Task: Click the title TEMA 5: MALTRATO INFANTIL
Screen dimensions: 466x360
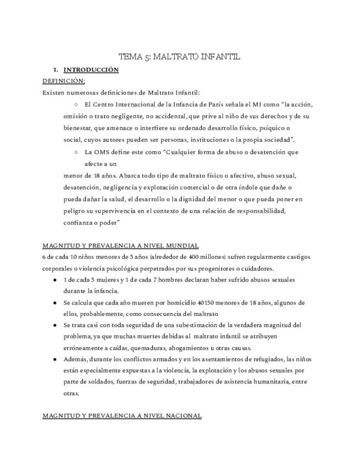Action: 179,57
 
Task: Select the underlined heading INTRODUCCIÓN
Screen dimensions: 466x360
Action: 91,70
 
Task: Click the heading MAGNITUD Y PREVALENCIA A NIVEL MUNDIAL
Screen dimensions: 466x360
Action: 120,246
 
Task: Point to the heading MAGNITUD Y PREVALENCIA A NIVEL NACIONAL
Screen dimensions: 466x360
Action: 122,416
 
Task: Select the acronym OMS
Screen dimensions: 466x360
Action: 101,152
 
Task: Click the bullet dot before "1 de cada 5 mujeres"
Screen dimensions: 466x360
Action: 55,280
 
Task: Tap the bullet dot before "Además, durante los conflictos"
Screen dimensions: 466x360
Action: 55,359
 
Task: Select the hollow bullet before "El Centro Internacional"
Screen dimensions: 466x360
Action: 76,104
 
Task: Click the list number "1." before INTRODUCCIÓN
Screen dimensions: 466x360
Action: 56,70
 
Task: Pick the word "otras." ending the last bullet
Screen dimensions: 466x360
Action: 71,393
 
